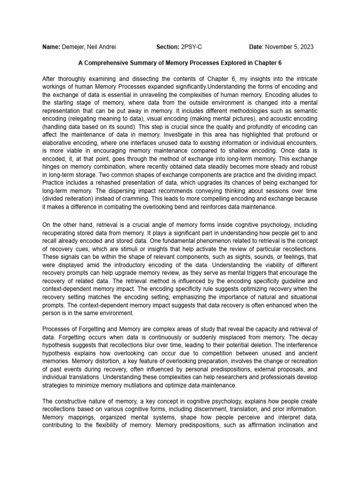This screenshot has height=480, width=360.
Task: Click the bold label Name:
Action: coord(52,47)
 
